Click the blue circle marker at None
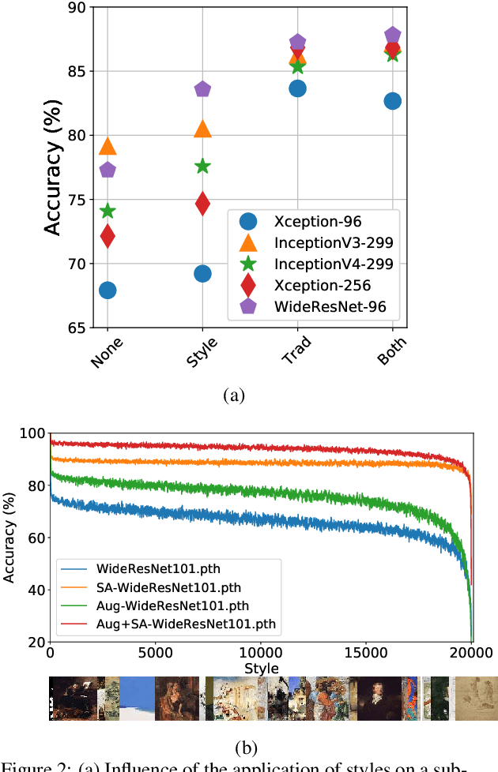[x=108, y=290]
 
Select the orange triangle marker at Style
[x=202, y=129]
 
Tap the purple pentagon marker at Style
[x=202, y=89]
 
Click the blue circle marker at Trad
[x=297, y=88]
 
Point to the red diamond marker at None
[x=108, y=235]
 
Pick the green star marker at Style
[x=202, y=166]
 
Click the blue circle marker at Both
[x=392, y=101]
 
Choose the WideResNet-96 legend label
[x=330, y=307]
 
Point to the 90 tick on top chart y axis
[x=78, y=8]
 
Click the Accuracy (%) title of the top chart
[x=52, y=167]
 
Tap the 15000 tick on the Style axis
[x=366, y=654]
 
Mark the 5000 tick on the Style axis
[x=155, y=654]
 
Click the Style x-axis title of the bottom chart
[x=261, y=668]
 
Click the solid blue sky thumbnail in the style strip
[x=136, y=698]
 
